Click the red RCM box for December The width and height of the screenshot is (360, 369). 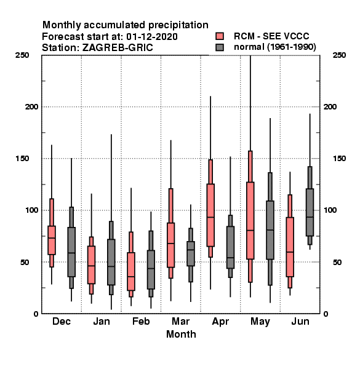click(x=52, y=240)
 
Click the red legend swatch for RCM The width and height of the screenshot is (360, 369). click(x=220, y=36)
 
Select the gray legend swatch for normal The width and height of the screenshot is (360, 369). click(x=220, y=47)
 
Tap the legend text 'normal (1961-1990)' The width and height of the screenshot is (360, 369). click(x=274, y=47)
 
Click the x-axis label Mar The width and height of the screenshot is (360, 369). click(x=180, y=321)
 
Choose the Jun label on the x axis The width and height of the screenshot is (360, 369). click(x=300, y=321)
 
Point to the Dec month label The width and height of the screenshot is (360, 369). click(x=62, y=321)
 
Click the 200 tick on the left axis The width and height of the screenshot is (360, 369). click(x=31, y=106)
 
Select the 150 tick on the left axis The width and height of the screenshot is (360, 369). click(x=23, y=159)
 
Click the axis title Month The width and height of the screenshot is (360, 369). click(x=181, y=334)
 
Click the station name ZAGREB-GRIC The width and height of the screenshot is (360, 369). click(x=118, y=48)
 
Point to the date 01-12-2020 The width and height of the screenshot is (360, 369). click(x=152, y=36)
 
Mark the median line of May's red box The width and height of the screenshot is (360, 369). click(x=250, y=230)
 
